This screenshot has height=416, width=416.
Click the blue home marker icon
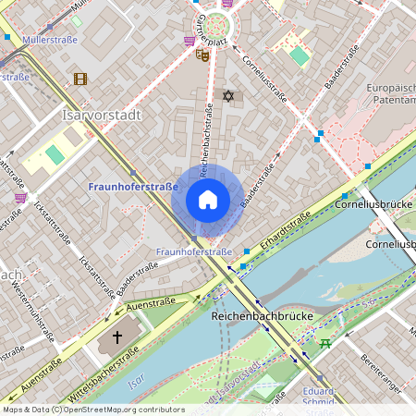[208, 200]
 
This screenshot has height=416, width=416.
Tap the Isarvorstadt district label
[100, 116]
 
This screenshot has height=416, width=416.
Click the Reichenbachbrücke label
[263, 316]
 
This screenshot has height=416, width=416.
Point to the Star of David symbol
[228, 95]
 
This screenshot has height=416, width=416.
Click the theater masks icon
[202, 55]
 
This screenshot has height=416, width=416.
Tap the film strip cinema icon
[80, 79]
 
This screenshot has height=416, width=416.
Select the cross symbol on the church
[117, 337]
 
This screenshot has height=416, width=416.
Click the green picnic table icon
[325, 344]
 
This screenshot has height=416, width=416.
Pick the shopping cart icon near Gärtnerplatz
[190, 41]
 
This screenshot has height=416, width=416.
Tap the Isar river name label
[136, 380]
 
